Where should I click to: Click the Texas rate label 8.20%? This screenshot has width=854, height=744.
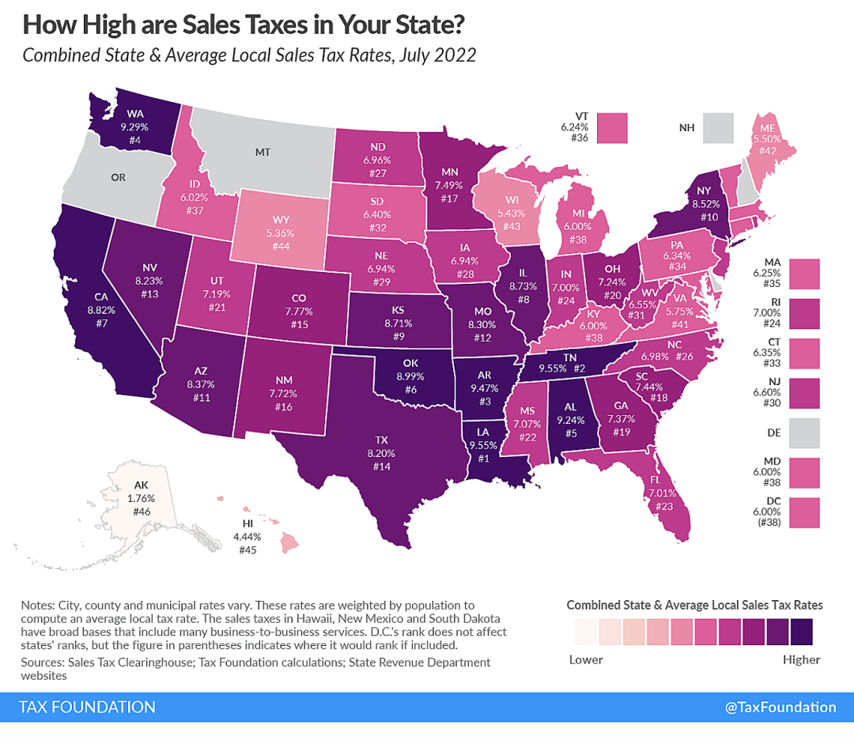coord(381,453)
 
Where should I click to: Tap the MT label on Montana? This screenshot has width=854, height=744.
coord(263,153)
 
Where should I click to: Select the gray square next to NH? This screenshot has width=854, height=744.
coord(718,128)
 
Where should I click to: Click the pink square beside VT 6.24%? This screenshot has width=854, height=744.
coord(612,128)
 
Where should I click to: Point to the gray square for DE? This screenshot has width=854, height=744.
coord(804,433)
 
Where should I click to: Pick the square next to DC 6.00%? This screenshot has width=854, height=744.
coord(804,512)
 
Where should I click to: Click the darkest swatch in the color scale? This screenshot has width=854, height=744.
coord(801,632)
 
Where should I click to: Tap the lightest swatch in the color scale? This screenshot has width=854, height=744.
coord(585,632)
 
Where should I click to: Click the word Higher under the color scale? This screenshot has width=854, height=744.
coord(801,659)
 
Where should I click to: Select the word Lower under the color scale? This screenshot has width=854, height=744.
coord(586,659)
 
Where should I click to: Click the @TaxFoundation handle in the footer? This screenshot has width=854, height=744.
coord(780,707)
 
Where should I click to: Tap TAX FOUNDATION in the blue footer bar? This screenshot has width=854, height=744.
coord(87,707)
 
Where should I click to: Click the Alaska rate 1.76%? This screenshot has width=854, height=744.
coord(141,498)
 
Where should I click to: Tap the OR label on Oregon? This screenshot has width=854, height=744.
coord(118,178)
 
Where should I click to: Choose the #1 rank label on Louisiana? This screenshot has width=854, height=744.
coord(483,459)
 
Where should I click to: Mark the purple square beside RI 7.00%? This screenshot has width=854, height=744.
coord(804,314)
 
